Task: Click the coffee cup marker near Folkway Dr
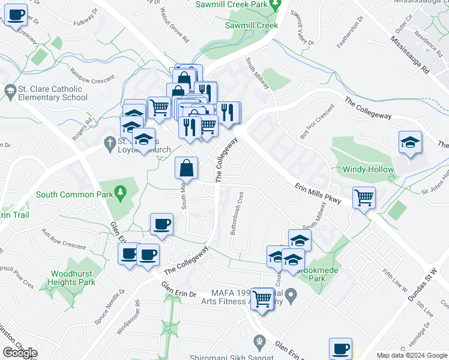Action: (16, 15)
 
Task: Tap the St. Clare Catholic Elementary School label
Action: (53, 93)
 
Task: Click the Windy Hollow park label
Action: (369, 169)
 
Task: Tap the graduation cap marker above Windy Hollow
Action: (410, 143)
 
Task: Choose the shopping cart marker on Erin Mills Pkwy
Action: (364, 197)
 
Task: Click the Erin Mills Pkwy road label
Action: (318, 194)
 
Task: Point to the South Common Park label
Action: (73, 194)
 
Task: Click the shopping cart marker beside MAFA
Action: (262, 298)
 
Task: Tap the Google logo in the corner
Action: (20, 353)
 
